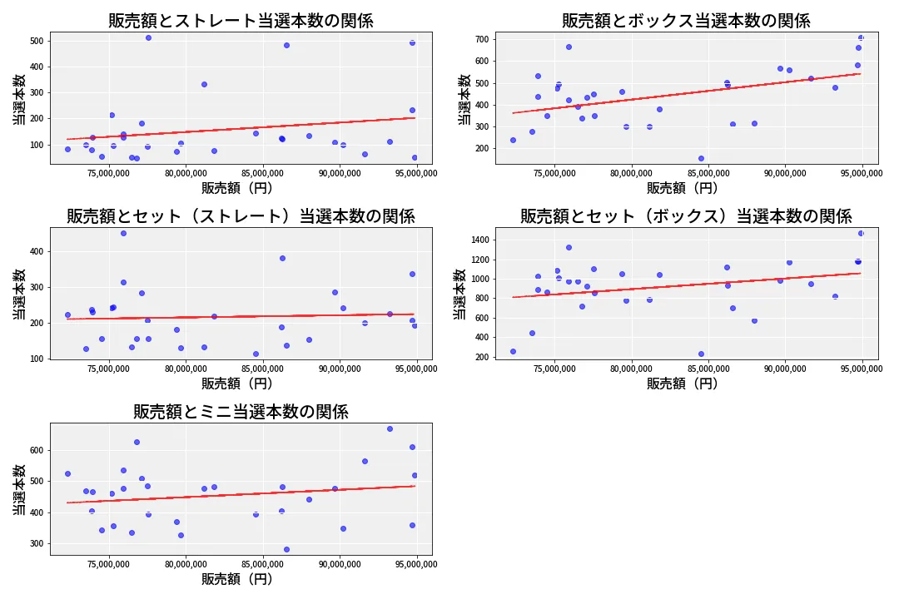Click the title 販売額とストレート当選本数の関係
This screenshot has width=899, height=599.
241,21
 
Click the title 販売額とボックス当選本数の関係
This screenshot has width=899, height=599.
686,21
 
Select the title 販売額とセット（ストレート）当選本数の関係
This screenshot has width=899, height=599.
241,216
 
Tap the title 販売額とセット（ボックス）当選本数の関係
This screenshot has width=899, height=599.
686,216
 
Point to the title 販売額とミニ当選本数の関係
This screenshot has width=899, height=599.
241,412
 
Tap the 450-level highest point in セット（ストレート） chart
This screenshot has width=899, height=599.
123,233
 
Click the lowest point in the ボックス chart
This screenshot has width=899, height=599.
701,158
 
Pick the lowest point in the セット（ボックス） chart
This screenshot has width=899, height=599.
701,354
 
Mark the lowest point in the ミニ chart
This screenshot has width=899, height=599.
286,549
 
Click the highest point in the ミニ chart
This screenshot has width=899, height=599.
390,428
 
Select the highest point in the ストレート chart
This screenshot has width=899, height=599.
148,37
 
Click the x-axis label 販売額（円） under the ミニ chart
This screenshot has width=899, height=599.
241,579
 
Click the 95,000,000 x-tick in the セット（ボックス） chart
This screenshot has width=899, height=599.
862,369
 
